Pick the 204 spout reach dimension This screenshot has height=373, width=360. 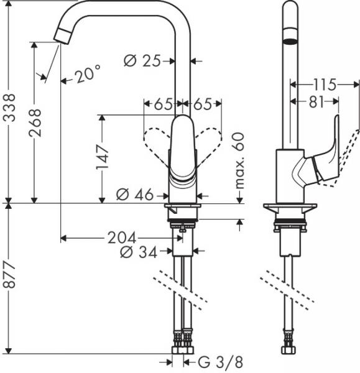pos(124,237)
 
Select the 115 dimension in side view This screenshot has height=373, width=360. pos(324,84)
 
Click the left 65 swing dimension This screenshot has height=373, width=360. pos(164,104)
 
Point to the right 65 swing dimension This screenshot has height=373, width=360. pos(203,104)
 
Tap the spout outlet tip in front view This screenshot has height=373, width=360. pos(62,36)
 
